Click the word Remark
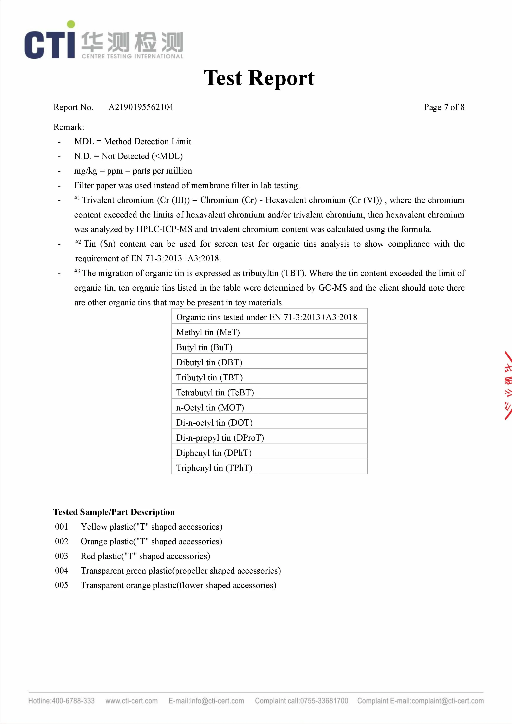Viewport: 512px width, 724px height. pyautogui.click(x=69, y=127)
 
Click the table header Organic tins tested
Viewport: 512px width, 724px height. pyautogui.click(x=266, y=317)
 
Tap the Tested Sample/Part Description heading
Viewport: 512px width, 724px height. pyautogui.click(x=114, y=512)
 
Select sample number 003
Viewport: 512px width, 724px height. pyautogui.click(x=61, y=556)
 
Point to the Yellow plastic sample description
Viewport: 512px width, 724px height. pyautogui.click(x=151, y=527)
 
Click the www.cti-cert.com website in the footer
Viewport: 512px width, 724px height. pyautogui.click(x=131, y=701)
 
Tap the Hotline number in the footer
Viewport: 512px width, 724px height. pyautogui.click(x=61, y=701)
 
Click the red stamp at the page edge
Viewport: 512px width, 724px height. pyautogui.click(x=507, y=385)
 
